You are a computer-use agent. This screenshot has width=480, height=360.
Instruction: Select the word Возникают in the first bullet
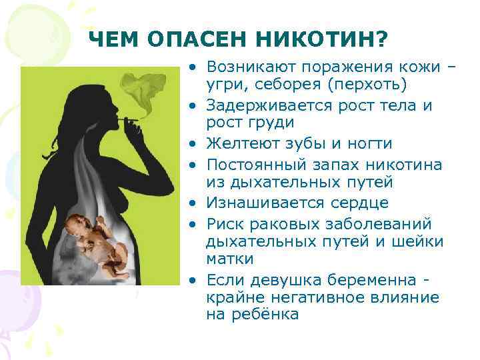[x=251, y=67]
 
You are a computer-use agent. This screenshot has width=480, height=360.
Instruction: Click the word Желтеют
[x=239, y=143]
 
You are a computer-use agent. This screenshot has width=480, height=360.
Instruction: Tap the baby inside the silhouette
[x=100, y=243]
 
